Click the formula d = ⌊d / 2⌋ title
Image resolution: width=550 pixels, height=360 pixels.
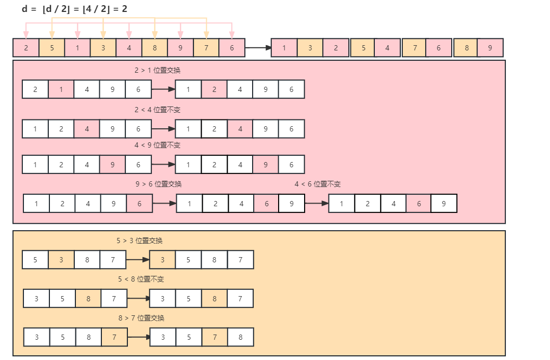coord(74,9)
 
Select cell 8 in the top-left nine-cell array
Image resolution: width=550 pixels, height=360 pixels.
coord(155,48)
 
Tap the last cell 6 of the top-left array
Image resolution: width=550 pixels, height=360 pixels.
coord(232,48)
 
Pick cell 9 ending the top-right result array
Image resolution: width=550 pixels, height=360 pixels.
coord(490,48)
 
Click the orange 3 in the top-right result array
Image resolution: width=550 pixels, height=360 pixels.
coord(310,48)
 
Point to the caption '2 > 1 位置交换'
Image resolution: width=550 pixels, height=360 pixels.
coord(158,70)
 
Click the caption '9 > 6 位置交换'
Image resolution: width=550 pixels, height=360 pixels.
coord(159,184)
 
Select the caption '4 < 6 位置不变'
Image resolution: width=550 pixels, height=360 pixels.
coord(318,184)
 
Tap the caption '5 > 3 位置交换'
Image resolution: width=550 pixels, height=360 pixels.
coord(140,241)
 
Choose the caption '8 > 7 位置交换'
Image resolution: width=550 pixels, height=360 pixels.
coord(141,318)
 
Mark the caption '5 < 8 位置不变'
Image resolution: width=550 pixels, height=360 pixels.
coord(141,279)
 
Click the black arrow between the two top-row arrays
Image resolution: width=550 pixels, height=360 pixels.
coord(258,48)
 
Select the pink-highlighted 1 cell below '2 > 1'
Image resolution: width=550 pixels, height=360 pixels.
coord(61,89)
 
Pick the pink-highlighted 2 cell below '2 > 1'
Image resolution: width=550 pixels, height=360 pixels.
coord(214,89)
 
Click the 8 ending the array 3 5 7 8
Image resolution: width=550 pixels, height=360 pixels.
coord(241,337)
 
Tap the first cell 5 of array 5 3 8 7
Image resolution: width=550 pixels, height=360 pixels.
coord(35,260)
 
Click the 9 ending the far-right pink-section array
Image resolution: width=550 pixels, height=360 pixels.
coord(444,204)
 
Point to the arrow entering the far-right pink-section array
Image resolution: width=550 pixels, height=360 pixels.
coord(317,203)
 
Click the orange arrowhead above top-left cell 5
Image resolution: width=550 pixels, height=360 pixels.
coord(52,35)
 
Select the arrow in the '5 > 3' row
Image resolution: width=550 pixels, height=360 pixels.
coord(138,260)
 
